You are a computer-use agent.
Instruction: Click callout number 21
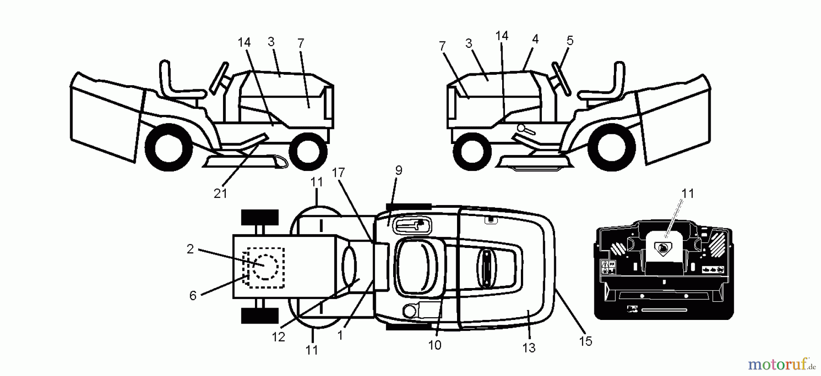click(x=220, y=193)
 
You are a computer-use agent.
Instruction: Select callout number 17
click(x=338, y=173)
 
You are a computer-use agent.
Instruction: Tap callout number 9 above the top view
click(x=399, y=170)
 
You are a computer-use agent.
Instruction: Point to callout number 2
click(x=190, y=249)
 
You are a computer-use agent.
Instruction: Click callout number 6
click(x=193, y=296)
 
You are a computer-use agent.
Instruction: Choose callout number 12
click(x=278, y=337)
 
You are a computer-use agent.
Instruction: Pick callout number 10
click(x=435, y=345)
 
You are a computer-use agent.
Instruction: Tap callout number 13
click(x=529, y=348)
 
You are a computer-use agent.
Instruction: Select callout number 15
click(x=586, y=341)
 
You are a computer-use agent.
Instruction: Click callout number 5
click(x=570, y=41)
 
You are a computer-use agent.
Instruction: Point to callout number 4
click(x=535, y=39)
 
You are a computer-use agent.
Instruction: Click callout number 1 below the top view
click(x=340, y=335)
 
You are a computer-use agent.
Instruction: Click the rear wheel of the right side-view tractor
click(x=614, y=149)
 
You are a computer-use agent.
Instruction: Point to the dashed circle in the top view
click(x=265, y=267)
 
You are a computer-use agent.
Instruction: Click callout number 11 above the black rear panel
click(x=687, y=194)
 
